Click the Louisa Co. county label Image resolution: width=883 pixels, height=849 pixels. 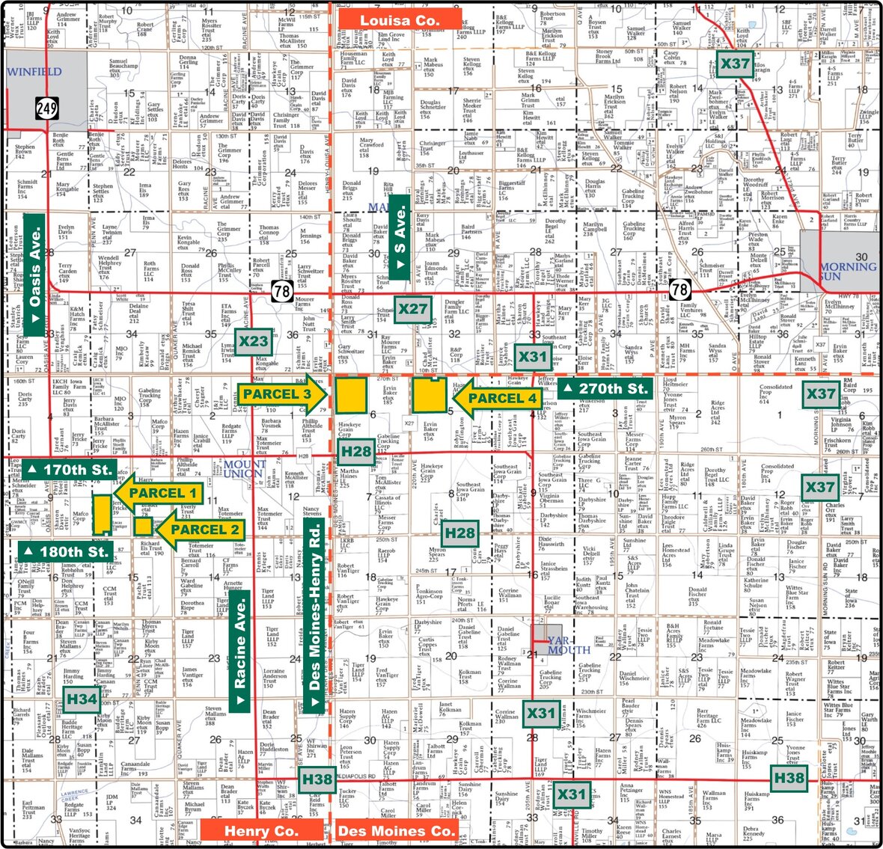tap(399, 20)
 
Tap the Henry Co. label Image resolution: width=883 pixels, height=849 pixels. tap(261, 830)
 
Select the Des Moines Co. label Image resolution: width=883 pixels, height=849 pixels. tap(396, 830)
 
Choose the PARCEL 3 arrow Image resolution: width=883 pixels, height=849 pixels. tap(283, 394)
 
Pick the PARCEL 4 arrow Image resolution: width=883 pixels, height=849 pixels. tap(496, 398)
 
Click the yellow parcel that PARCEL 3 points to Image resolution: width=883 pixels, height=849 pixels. tap(350, 395)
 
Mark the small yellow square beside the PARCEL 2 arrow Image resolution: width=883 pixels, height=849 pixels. tap(143, 526)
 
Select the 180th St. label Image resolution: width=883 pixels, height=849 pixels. tap(67, 552)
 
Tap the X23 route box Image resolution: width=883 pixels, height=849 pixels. tap(253, 342)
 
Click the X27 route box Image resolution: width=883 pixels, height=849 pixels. tap(412, 309)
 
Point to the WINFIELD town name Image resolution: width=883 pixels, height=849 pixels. tap(34, 72)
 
